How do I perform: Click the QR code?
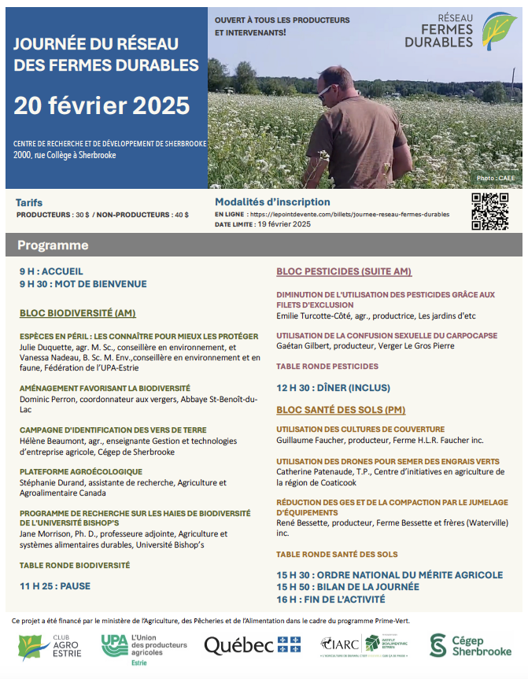pyautogui.click(x=489, y=211)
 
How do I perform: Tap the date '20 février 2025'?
pyautogui.click(x=102, y=105)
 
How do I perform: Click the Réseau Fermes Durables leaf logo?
pyautogui.click(x=499, y=30)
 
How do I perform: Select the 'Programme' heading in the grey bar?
pyautogui.click(x=53, y=245)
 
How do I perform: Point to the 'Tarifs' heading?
pyautogui.click(x=29, y=203)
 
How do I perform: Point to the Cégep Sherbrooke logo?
pyautogui.click(x=470, y=645)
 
